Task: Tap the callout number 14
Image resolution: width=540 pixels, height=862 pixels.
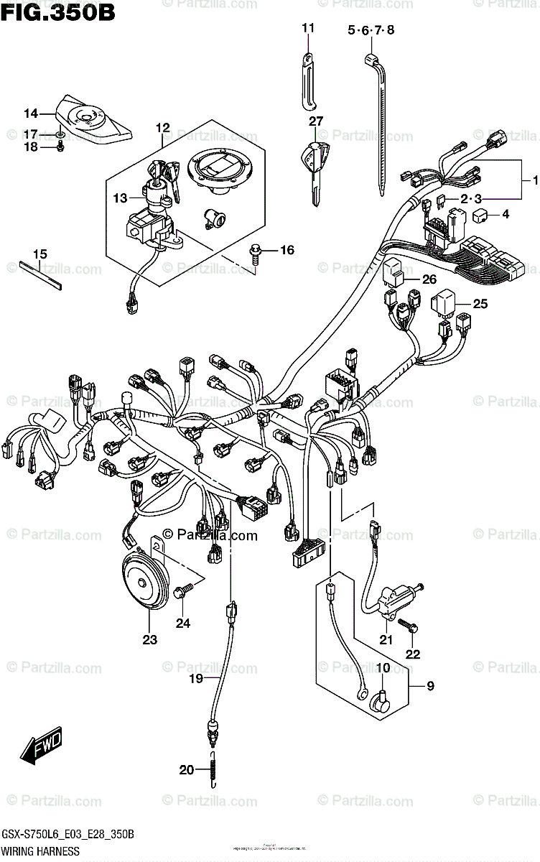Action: pos(30,113)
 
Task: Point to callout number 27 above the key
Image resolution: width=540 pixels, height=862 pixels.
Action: pos(316,121)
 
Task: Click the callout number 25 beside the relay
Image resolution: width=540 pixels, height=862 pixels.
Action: pos(480,304)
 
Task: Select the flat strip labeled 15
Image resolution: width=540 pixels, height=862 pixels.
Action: pos(42,274)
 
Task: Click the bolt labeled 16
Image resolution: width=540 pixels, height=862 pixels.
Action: pos(255,251)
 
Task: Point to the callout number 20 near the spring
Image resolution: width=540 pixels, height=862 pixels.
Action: pos(186,770)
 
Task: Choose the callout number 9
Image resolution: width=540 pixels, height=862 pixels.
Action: pos(430,686)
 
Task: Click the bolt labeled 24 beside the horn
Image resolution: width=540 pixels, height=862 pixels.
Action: pos(183,590)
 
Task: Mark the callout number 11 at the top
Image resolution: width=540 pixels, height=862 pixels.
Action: pos(308,29)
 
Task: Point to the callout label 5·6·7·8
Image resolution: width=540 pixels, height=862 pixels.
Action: pos(371,30)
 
